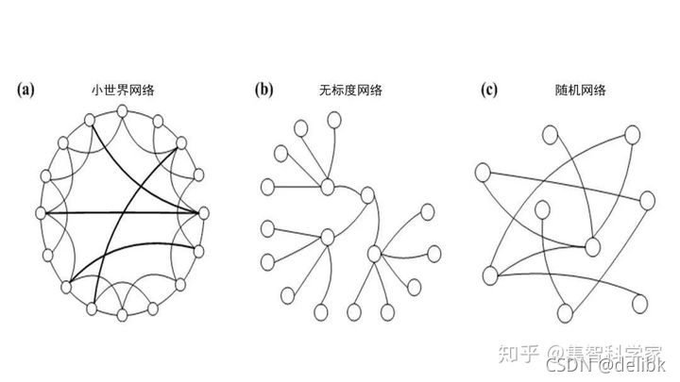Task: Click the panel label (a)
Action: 25,91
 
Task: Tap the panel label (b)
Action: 263,91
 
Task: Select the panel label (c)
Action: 488,91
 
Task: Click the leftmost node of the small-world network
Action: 41,212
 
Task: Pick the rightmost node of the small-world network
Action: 200,212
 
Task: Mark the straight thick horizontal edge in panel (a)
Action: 120,212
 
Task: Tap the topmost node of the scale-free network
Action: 332,119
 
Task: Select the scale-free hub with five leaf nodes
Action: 375,253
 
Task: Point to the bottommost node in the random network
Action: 567,312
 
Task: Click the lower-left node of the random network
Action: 490,274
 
